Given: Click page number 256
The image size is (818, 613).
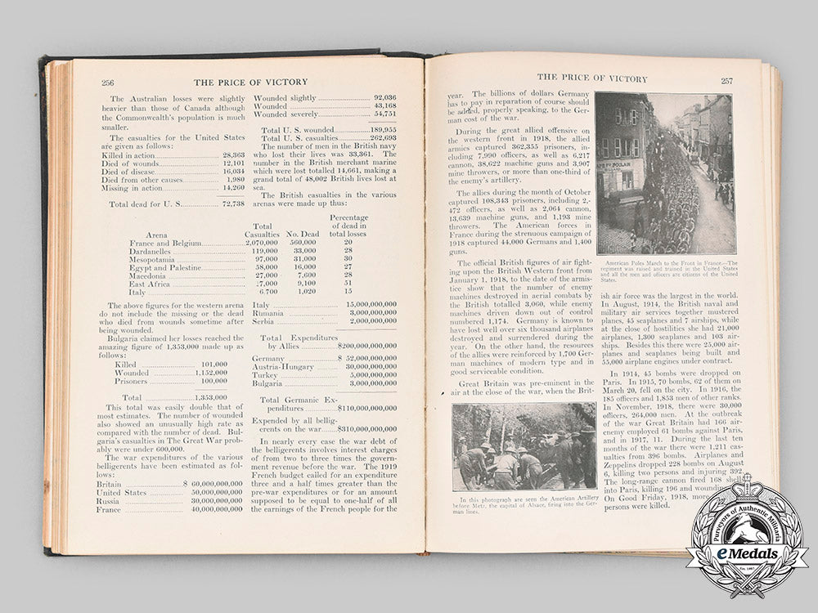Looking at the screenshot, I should click(107, 82).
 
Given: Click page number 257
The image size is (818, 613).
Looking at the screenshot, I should click(726, 80).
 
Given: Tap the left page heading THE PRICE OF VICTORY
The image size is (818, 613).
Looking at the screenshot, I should click(250, 82).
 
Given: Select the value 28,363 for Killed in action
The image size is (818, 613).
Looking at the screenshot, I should click(233, 154).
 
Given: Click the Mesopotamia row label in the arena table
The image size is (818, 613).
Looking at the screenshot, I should click(155, 259).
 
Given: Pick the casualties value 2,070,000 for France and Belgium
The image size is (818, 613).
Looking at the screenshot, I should click(262, 243).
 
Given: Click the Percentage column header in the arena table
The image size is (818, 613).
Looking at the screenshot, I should click(348, 218).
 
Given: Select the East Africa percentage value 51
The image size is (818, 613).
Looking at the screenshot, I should click(348, 284).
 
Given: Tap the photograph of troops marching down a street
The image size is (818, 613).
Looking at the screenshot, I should click(664, 173).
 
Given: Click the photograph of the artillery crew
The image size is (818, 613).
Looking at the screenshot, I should click(524, 446).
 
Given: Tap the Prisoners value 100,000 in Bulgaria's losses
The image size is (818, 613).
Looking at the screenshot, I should click(213, 381).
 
